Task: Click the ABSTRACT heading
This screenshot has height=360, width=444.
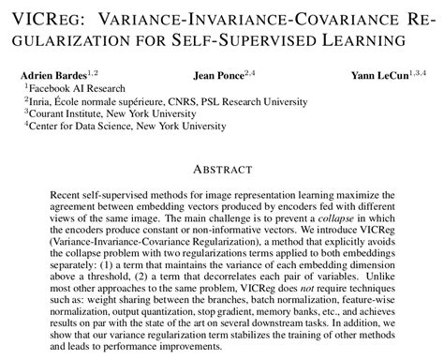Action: pyautogui.click(x=221, y=170)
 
